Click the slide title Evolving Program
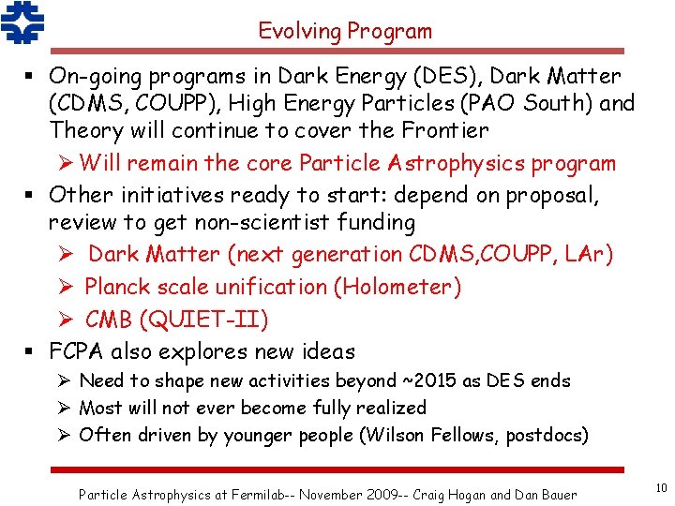point(345,31)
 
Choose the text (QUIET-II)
point(202,320)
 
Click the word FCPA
point(76,352)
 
